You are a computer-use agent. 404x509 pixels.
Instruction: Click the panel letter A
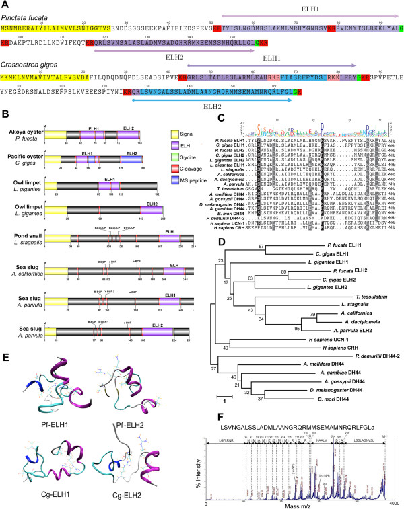(5, 5)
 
